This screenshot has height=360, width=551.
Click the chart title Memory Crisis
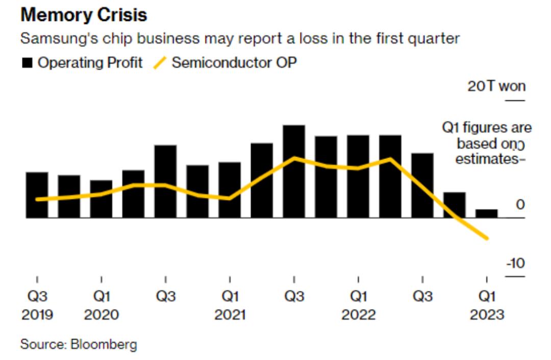(84, 15)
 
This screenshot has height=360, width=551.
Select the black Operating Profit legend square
(28, 63)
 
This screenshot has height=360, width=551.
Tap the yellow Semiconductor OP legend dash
(160, 63)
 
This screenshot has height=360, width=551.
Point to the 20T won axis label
(496, 86)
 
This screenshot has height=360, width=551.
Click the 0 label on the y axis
(520, 204)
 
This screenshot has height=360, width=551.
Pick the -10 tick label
(515, 264)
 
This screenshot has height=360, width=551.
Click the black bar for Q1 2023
(486, 213)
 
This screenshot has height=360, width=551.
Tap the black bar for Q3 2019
(37, 195)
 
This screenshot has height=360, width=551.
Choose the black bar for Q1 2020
(101, 199)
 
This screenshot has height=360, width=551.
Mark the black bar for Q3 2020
(165, 182)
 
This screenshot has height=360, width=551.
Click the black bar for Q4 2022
(454, 205)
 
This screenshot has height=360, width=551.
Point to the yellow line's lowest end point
(487, 238)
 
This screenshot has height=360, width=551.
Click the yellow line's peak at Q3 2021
(294, 158)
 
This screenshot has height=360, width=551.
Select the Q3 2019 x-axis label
(37, 305)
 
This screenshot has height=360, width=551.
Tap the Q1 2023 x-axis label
(486, 305)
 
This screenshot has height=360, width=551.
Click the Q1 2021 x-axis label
(230, 305)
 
